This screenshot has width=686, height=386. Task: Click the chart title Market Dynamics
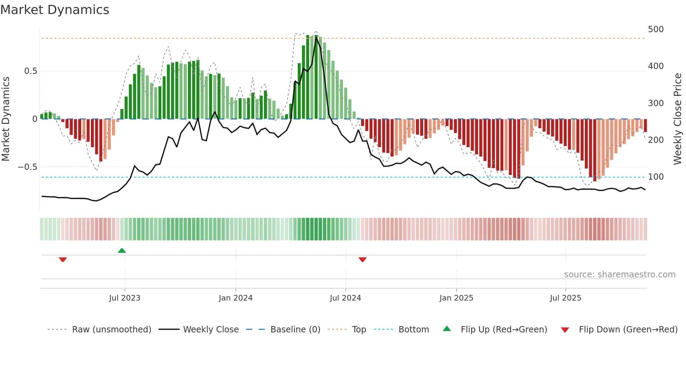[x=55, y=10]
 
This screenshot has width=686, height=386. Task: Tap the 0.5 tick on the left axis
[x=30, y=71]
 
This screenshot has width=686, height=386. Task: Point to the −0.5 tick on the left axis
[x=28, y=167]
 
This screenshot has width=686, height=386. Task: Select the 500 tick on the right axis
[x=656, y=29]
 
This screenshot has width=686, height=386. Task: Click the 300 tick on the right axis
[x=656, y=103]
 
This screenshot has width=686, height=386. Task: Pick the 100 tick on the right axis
[x=656, y=177]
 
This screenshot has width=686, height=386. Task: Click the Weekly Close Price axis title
[x=678, y=119]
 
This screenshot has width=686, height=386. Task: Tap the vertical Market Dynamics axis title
[x=6, y=119]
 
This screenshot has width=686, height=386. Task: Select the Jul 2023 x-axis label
[x=125, y=298]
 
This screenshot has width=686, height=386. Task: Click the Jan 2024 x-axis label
[x=236, y=298]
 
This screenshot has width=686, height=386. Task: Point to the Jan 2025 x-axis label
[x=456, y=298]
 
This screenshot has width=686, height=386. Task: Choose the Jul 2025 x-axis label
[x=566, y=298]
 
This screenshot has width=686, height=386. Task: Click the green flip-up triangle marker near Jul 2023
[x=122, y=251]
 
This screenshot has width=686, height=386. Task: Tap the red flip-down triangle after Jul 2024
[x=363, y=260]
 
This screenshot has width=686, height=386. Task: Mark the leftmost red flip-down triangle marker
[x=63, y=260]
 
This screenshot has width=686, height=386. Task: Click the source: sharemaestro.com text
[x=619, y=275]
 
